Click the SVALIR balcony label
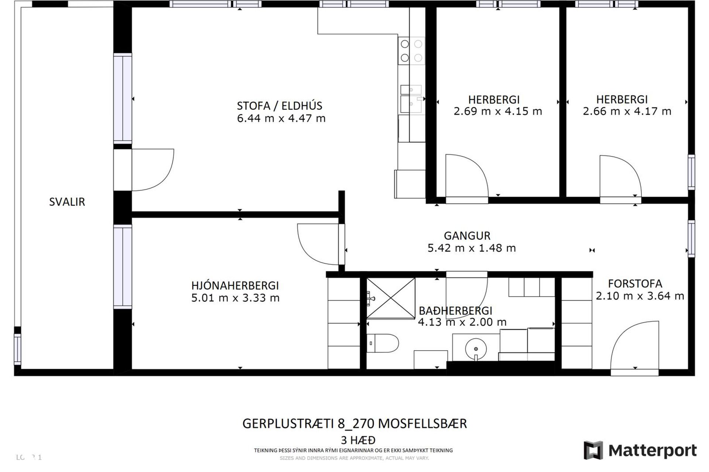tap(67, 202)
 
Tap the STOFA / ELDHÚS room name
tap(280, 106)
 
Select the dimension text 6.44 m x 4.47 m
tap(281, 118)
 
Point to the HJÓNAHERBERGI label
tap(235, 285)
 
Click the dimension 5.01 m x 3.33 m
tap(235, 298)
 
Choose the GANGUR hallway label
tap(467, 236)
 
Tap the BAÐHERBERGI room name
tap(455, 310)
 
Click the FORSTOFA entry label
tap(635, 284)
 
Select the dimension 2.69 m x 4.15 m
tap(497, 111)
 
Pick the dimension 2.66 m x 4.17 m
tap(627, 111)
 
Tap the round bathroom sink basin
tap(476, 348)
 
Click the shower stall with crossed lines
tap(391, 298)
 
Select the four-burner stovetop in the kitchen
tap(411, 51)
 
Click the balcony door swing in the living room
tap(152, 170)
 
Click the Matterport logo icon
tap(593, 450)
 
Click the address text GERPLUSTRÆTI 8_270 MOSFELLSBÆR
tap(354, 424)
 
